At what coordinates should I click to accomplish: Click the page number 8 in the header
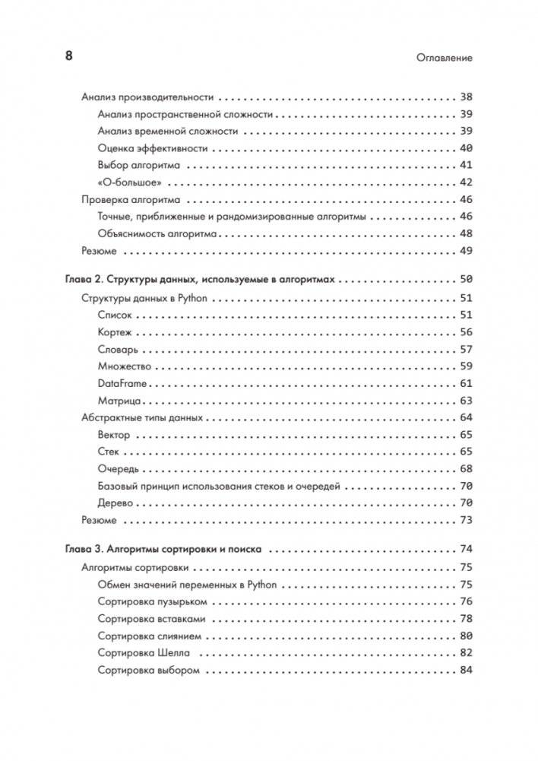(68, 56)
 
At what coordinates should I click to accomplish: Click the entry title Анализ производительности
(147, 98)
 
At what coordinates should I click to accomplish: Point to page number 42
(466, 182)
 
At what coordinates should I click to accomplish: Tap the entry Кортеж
(115, 332)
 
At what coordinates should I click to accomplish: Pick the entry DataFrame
(122, 384)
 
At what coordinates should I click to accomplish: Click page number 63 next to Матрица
(466, 401)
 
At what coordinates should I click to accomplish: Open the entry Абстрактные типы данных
(141, 417)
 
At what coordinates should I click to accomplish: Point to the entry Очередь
(119, 469)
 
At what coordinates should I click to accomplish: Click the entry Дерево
(116, 503)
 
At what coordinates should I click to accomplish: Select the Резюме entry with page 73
(99, 520)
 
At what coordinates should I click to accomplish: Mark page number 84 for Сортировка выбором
(466, 671)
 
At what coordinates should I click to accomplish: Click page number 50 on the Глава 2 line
(466, 280)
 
